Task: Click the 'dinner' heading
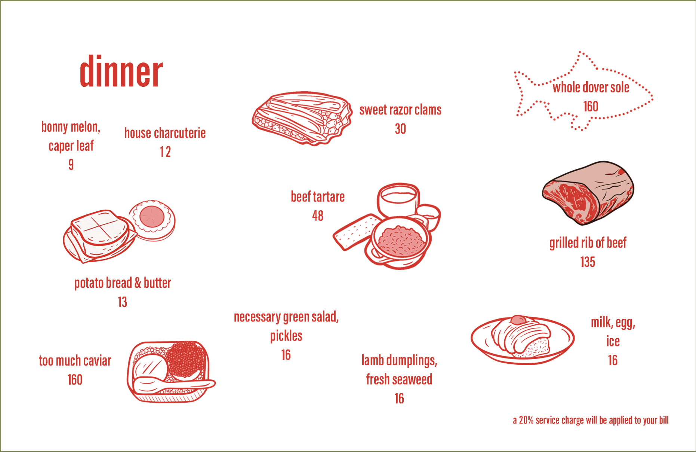(121, 71)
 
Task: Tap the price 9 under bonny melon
(71, 165)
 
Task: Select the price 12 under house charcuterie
(165, 152)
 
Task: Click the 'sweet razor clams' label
(400, 110)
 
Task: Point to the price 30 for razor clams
(400, 129)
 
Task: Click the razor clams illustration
(302, 118)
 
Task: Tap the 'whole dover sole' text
(591, 88)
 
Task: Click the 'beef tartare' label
(318, 197)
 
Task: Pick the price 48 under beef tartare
(318, 216)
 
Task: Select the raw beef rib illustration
(588, 193)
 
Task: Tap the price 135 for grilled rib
(588, 262)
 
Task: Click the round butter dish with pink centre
(153, 220)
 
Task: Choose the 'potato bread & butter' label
(123, 283)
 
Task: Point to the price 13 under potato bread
(122, 302)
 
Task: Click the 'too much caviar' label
(75, 361)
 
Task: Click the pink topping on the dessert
(518, 320)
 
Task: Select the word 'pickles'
(286, 336)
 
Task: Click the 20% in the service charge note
(526, 420)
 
